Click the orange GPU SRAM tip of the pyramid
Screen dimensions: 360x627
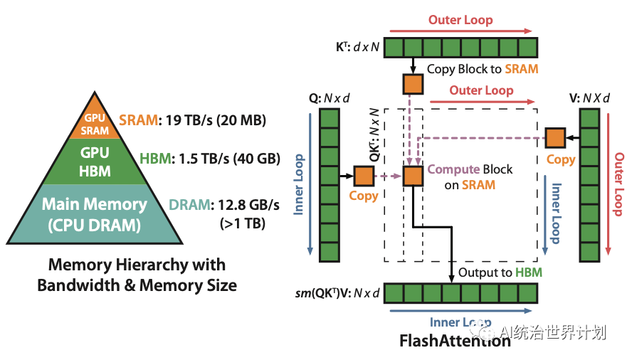(x=95, y=122)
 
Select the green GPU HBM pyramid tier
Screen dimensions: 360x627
(x=94, y=161)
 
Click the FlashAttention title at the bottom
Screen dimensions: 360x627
(x=455, y=340)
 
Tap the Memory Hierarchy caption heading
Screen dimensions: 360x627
(x=137, y=275)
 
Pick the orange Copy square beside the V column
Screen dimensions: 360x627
(x=555, y=137)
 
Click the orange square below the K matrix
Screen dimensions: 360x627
(x=413, y=84)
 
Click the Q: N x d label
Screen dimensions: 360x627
(x=330, y=98)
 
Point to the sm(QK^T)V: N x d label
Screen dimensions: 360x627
(x=337, y=292)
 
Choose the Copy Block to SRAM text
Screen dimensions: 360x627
(x=482, y=69)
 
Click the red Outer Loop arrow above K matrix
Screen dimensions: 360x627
(x=460, y=31)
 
